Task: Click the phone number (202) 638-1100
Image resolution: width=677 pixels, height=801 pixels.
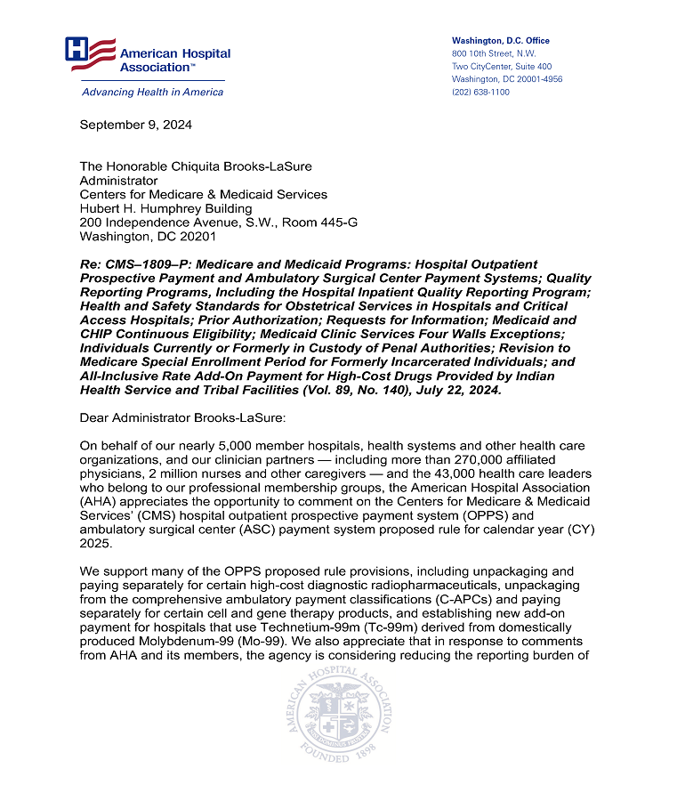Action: (480, 92)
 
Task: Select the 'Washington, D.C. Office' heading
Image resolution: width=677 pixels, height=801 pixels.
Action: (500, 41)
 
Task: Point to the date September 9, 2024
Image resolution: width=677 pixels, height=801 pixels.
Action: (135, 125)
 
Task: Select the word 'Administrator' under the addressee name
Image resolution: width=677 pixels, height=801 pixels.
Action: (118, 181)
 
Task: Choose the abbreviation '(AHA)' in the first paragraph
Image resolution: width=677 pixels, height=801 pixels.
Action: (101, 502)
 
